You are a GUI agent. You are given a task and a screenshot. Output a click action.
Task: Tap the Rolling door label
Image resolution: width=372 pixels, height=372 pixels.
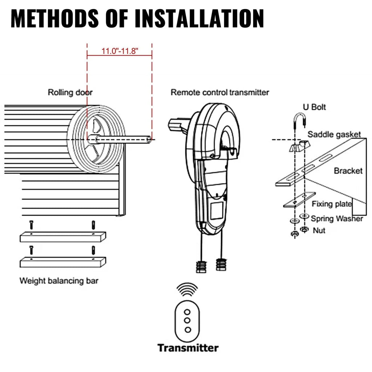(x=70, y=92)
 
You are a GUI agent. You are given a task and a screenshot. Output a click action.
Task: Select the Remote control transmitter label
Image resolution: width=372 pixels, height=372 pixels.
(x=220, y=92)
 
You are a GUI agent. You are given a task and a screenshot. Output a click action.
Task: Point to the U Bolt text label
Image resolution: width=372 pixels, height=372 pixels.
(x=314, y=107)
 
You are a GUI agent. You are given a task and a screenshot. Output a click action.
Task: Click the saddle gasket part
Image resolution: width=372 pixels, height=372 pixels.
(x=300, y=146)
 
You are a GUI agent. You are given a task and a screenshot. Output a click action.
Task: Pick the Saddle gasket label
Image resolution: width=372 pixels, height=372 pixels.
(x=334, y=134)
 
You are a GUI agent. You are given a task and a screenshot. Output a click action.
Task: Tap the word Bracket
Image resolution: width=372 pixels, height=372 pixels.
(x=348, y=170)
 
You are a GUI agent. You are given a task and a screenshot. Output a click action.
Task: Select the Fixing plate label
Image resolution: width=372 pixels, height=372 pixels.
(x=331, y=204)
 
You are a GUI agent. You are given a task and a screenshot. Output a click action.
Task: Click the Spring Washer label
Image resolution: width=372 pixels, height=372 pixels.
(x=337, y=219)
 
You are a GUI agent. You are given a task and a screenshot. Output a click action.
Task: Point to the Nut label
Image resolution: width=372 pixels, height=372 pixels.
(x=319, y=230)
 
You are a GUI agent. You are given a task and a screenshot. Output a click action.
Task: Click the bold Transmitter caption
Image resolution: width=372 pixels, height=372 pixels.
(x=188, y=348)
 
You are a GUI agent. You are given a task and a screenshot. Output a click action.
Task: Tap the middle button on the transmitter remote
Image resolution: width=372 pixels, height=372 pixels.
(x=188, y=320)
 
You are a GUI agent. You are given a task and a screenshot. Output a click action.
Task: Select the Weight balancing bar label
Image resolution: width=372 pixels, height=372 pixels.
(x=58, y=281)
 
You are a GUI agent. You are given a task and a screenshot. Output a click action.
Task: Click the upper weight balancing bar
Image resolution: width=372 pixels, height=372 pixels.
(x=62, y=237)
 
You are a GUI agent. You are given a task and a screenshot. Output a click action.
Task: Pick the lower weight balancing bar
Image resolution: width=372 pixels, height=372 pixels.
(x=62, y=262)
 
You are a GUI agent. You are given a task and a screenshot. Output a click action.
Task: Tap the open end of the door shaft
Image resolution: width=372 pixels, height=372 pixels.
(x=149, y=139)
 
